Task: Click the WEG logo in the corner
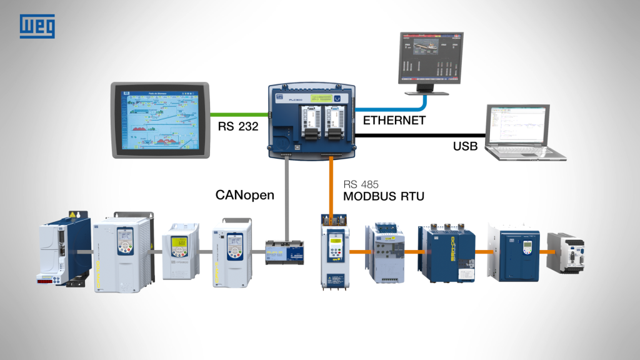37,27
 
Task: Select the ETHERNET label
394,121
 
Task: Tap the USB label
465,147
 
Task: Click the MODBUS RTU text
383,197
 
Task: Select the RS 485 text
361,185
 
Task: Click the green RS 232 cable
241,114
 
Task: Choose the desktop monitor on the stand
431,61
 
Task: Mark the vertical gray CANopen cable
286,200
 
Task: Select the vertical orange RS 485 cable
332,187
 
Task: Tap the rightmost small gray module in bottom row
565,252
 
